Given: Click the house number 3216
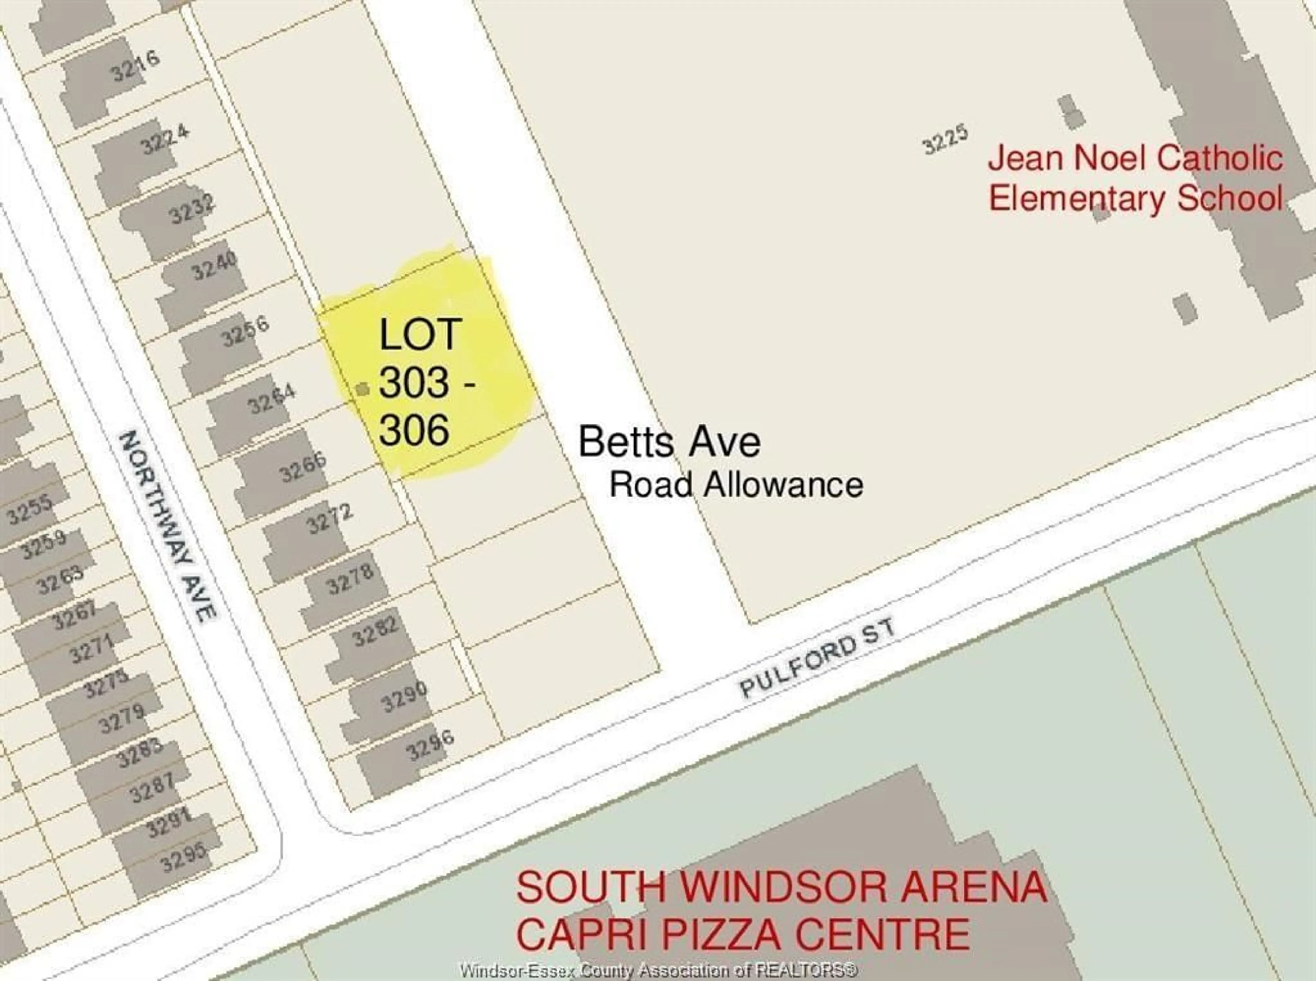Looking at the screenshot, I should point(135,66).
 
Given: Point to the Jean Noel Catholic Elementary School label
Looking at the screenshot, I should point(1135,178).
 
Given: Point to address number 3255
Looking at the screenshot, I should point(30,510).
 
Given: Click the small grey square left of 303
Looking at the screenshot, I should point(362,389).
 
